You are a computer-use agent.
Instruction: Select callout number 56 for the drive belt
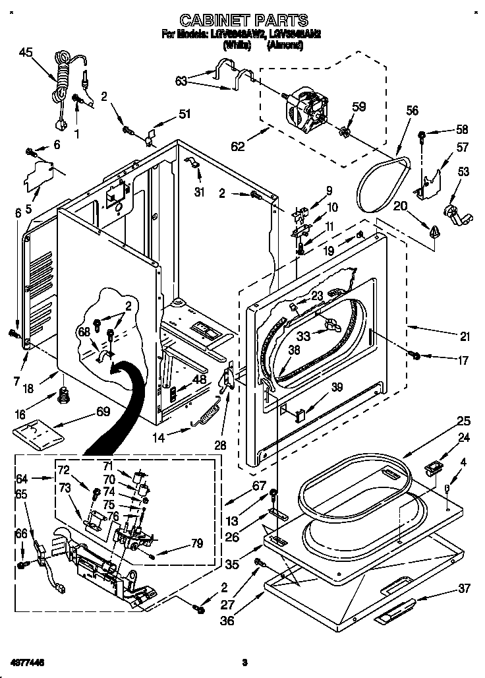click(412, 111)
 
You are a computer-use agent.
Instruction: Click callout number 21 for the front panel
click(465, 337)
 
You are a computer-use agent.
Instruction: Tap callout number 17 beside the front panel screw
click(463, 360)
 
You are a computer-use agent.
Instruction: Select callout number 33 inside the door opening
click(302, 336)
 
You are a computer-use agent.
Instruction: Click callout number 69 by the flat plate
click(103, 412)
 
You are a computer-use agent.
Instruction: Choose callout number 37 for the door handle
click(464, 588)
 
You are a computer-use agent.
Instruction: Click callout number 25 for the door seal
click(464, 420)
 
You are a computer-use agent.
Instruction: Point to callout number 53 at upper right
click(464, 172)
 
